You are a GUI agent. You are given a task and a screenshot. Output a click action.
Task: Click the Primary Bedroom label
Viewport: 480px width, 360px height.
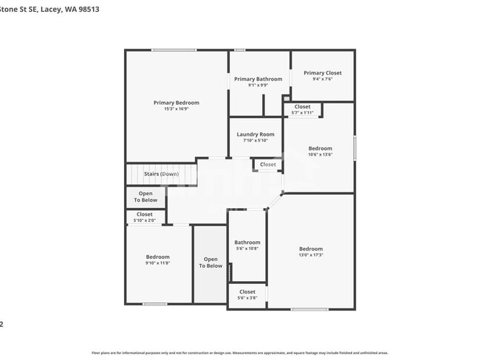point(176,103)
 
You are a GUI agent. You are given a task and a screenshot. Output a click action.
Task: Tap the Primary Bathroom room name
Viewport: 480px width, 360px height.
point(258,79)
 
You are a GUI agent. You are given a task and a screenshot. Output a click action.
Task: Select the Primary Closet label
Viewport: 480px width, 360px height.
point(322,73)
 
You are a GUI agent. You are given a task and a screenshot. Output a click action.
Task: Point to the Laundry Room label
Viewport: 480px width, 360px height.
point(255,134)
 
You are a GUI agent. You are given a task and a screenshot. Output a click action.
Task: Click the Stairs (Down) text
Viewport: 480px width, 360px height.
point(161,174)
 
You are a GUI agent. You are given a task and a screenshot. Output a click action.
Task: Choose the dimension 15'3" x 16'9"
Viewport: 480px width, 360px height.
point(176,109)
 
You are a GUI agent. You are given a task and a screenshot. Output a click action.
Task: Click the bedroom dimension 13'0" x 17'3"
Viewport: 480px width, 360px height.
point(310,255)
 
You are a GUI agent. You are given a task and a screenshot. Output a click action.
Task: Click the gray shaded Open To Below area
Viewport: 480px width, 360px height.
point(210,263)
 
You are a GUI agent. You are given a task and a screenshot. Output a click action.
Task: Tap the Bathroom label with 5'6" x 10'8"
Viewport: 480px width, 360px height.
point(247,243)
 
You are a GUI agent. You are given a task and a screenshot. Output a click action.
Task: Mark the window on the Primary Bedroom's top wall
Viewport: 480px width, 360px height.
point(174,50)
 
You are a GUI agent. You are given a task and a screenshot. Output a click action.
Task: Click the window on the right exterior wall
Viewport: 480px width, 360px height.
point(354,148)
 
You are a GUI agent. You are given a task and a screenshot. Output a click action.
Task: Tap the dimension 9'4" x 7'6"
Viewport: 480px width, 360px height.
point(322,79)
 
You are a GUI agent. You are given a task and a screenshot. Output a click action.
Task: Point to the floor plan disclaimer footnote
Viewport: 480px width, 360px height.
point(239,353)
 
